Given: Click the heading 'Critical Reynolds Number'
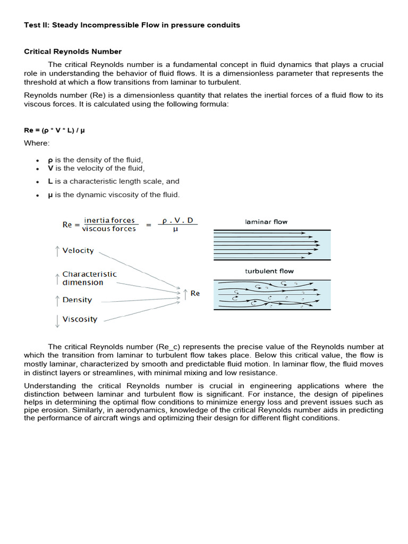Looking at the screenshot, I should (73, 52).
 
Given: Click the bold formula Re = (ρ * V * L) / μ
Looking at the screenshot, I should (54, 129).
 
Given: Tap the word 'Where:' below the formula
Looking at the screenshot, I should (37, 143).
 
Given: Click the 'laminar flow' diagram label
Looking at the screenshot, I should (266, 222).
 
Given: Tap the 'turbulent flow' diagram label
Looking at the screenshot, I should (269, 271).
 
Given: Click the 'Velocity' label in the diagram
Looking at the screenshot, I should (78, 251).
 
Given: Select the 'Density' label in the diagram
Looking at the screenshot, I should (77, 300).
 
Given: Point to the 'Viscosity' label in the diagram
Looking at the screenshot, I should (80, 319).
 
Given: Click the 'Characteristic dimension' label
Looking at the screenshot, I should (89, 278).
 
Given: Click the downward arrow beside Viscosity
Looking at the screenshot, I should (57, 320).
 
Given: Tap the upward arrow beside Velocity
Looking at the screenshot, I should (57, 251).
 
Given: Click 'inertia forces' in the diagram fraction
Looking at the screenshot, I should (109, 220).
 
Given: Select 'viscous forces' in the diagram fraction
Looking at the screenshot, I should (109, 229).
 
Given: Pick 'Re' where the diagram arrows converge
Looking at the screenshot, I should (195, 293).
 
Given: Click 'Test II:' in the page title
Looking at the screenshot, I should (37, 25).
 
